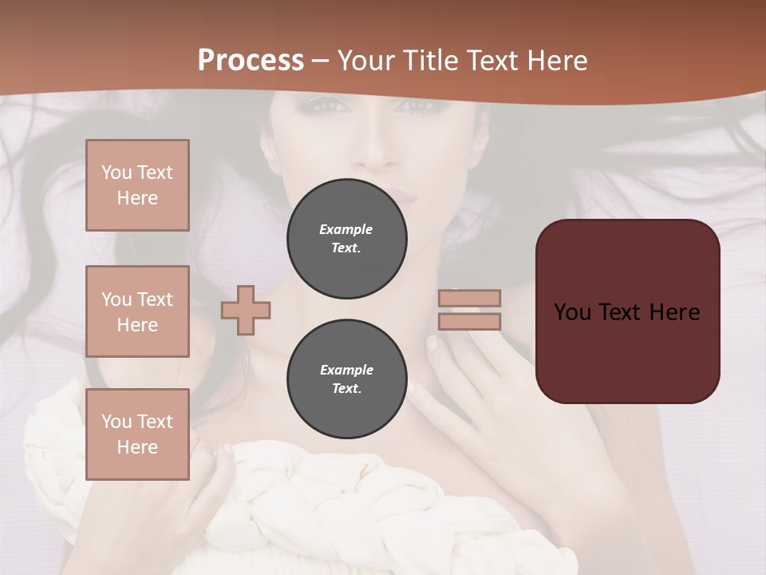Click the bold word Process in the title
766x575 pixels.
click(251, 61)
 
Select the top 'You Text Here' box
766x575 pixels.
click(137, 185)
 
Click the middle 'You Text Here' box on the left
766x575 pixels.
click(137, 311)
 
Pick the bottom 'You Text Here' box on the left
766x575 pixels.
click(137, 434)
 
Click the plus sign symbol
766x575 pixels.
click(246, 310)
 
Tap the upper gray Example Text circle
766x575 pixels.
click(347, 239)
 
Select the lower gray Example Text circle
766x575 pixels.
click(347, 379)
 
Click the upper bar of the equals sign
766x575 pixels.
click(469, 298)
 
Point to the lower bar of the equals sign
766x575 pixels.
click(469, 321)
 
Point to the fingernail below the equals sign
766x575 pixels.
click(432, 343)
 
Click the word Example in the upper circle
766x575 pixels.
click(345, 229)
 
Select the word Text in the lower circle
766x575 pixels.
click(345, 389)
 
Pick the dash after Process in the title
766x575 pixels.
click(321, 61)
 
